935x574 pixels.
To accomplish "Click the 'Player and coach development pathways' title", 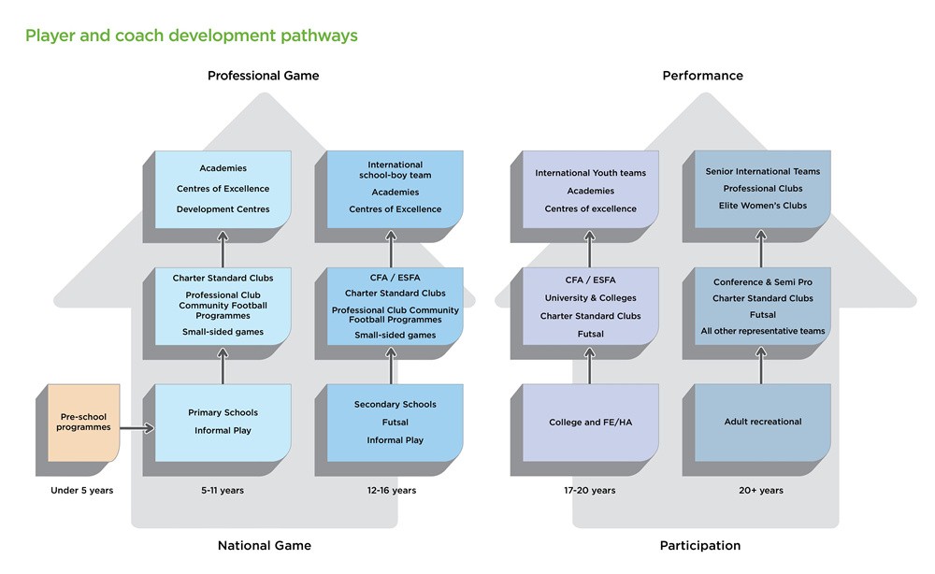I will click(191, 36).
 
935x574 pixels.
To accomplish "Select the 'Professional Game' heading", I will click(263, 76).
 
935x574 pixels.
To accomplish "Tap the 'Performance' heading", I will click(702, 76).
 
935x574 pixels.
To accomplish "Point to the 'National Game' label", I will click(265, 545).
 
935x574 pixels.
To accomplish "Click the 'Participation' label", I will click(699, 545).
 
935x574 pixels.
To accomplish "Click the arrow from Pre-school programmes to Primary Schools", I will click(136, 429).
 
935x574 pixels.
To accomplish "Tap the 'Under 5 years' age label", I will click(81, 490).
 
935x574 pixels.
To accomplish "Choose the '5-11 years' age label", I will click(222, 490).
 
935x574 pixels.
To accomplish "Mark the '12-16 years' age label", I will click(393, 490).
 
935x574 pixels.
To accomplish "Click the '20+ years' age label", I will click(762, 490).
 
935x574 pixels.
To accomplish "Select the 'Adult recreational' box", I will click(763, 422).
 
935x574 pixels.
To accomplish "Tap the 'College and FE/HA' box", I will click(591, 423).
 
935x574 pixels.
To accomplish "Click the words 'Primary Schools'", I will click(223, 412).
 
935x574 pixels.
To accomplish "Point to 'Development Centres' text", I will click(223, 209).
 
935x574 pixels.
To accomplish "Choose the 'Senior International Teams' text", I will click(763, 171).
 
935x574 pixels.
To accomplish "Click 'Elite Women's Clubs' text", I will click(763, 205).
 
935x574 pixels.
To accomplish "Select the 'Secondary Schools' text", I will click(395, 404).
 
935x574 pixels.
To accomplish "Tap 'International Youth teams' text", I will click(591, 173).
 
